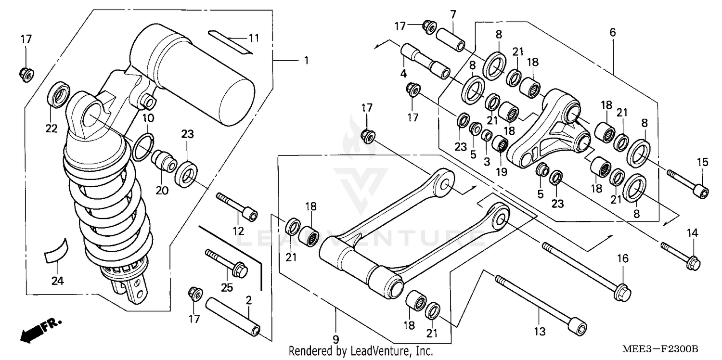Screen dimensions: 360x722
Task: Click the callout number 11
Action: coord(254,38)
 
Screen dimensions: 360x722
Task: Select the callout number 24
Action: coord(58,281)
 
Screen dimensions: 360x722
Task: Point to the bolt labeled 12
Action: coord(237,206)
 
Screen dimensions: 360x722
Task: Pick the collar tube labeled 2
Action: coord(233,318)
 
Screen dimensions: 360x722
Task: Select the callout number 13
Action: coord(540,331)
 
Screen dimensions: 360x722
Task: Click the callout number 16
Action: coord(622,259)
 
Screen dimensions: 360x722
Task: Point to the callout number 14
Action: coord(692,233)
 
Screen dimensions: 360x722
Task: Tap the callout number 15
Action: coord(703,162)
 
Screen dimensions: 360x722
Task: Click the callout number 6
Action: coord(612,33)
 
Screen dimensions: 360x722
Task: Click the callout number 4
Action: coord(403,74)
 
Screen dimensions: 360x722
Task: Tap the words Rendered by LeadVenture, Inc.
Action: coord(361,351)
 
